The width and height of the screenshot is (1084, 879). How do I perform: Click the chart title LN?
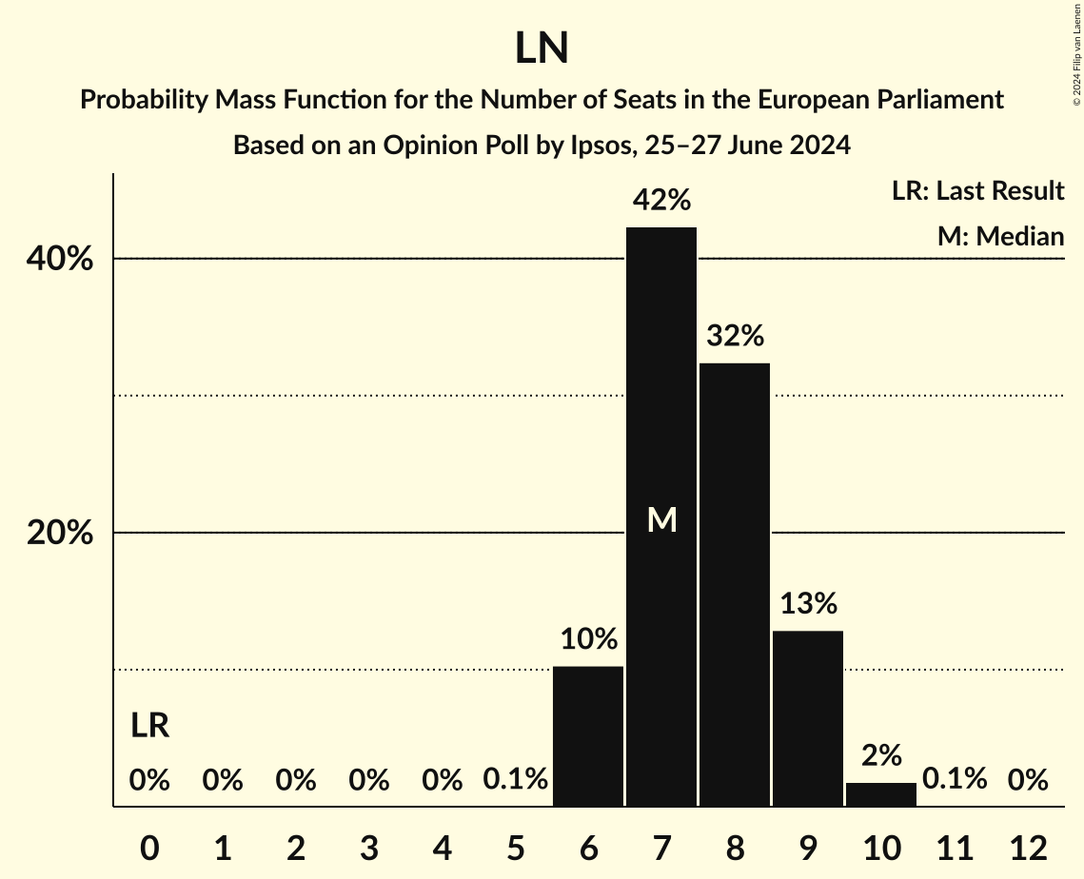(542, 49)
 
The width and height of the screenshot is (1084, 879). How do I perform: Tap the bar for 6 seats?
(588, 736)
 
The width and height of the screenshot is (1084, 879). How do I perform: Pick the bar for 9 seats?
(808, 718)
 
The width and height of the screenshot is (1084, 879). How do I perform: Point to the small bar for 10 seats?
(881, 794)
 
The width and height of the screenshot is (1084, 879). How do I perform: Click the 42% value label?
(661, 201)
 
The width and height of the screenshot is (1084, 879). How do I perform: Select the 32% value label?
(735, 336)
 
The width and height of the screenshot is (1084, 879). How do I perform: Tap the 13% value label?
(808, 603)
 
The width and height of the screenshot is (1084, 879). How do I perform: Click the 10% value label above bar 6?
(588, 639)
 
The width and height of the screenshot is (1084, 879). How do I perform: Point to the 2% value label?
(881, 755)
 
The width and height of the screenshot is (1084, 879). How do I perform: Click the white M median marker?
(661, 519)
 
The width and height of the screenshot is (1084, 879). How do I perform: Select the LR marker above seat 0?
(149, 726)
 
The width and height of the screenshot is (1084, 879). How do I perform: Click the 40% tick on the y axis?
(60, 259)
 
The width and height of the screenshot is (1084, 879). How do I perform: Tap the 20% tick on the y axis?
(60, 534)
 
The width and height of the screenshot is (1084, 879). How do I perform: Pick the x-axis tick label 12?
(1028, 848)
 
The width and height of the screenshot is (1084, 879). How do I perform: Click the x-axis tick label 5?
(515, 848)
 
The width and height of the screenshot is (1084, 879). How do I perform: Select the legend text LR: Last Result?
(977, 191)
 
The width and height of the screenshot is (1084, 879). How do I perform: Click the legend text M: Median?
(1000, 236)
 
